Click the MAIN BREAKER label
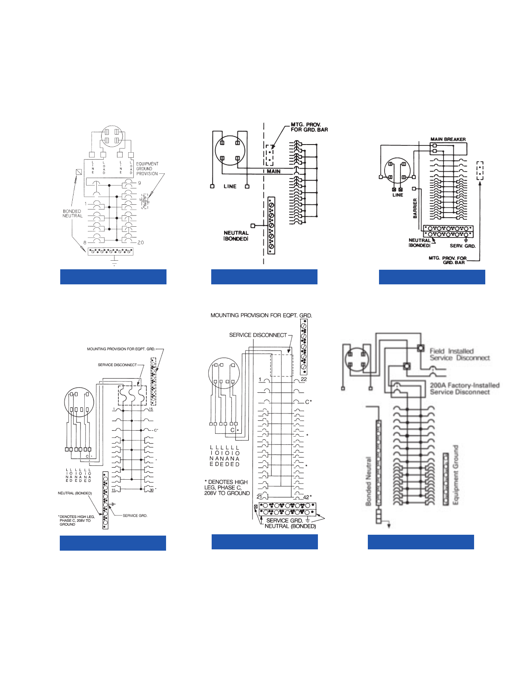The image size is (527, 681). tap(448, 139)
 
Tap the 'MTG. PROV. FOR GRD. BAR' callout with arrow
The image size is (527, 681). tap(309, 127)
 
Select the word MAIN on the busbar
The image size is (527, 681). tap(274, 171)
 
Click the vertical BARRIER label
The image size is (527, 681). tap(415, 208)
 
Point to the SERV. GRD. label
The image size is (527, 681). tap(462, 246)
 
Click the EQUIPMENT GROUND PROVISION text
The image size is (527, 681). tap(147, 169)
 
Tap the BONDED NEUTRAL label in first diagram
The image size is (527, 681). tap(72, 213)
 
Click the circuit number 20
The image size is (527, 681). tap(141, 243)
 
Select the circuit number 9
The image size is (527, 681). tap(139, 183)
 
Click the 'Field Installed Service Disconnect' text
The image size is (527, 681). tap(459, 354)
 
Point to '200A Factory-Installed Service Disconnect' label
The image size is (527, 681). tap(465, 388)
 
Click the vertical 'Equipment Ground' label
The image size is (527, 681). tap(456, 475)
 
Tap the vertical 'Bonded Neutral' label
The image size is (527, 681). tap(368, 481)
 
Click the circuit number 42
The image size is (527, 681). tap(306, 497)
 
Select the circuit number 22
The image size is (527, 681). tap(304, 379)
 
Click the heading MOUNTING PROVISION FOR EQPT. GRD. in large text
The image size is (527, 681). tap(261, 315)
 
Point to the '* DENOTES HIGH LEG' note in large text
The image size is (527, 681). tap(227, 487)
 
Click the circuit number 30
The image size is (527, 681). tap(151, 490)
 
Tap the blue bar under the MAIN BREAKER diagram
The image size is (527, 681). tap(432, 277)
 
